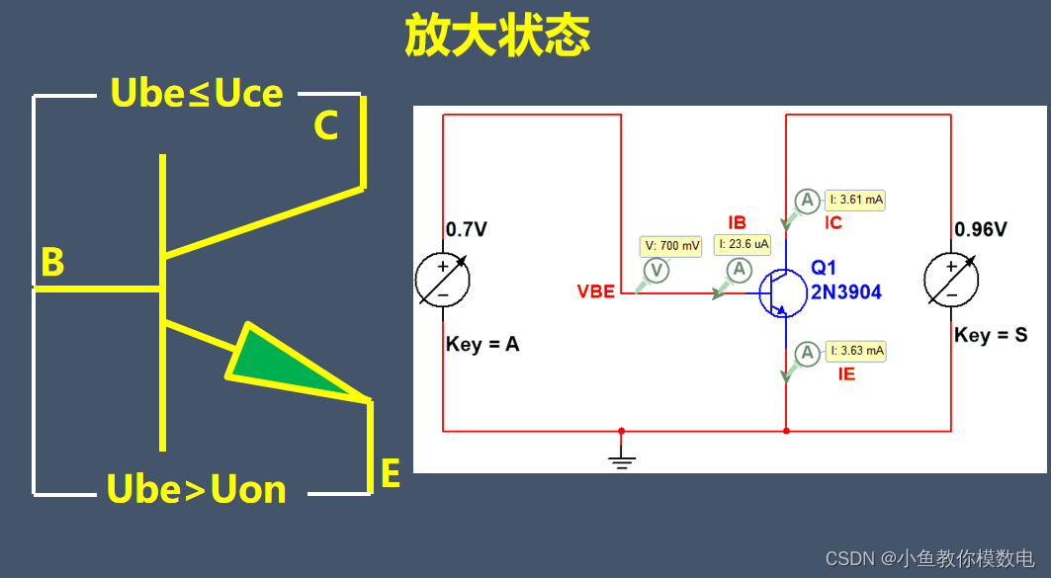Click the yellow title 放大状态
pos(497,37)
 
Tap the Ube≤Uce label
pos(197,93)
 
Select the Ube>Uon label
pos(196,489)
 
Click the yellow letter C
pos(326,126)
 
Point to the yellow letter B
pos(52,263)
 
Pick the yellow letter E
pos(391,474)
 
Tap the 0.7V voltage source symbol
pos(443,281)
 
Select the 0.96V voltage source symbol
pos(951,280)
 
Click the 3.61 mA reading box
pos(856,200)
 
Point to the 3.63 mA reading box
pos(856,351)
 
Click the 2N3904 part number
pos(845,292)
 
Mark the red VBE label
pos(596,291)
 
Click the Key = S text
pos(990,335)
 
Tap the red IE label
pos(846,374)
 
